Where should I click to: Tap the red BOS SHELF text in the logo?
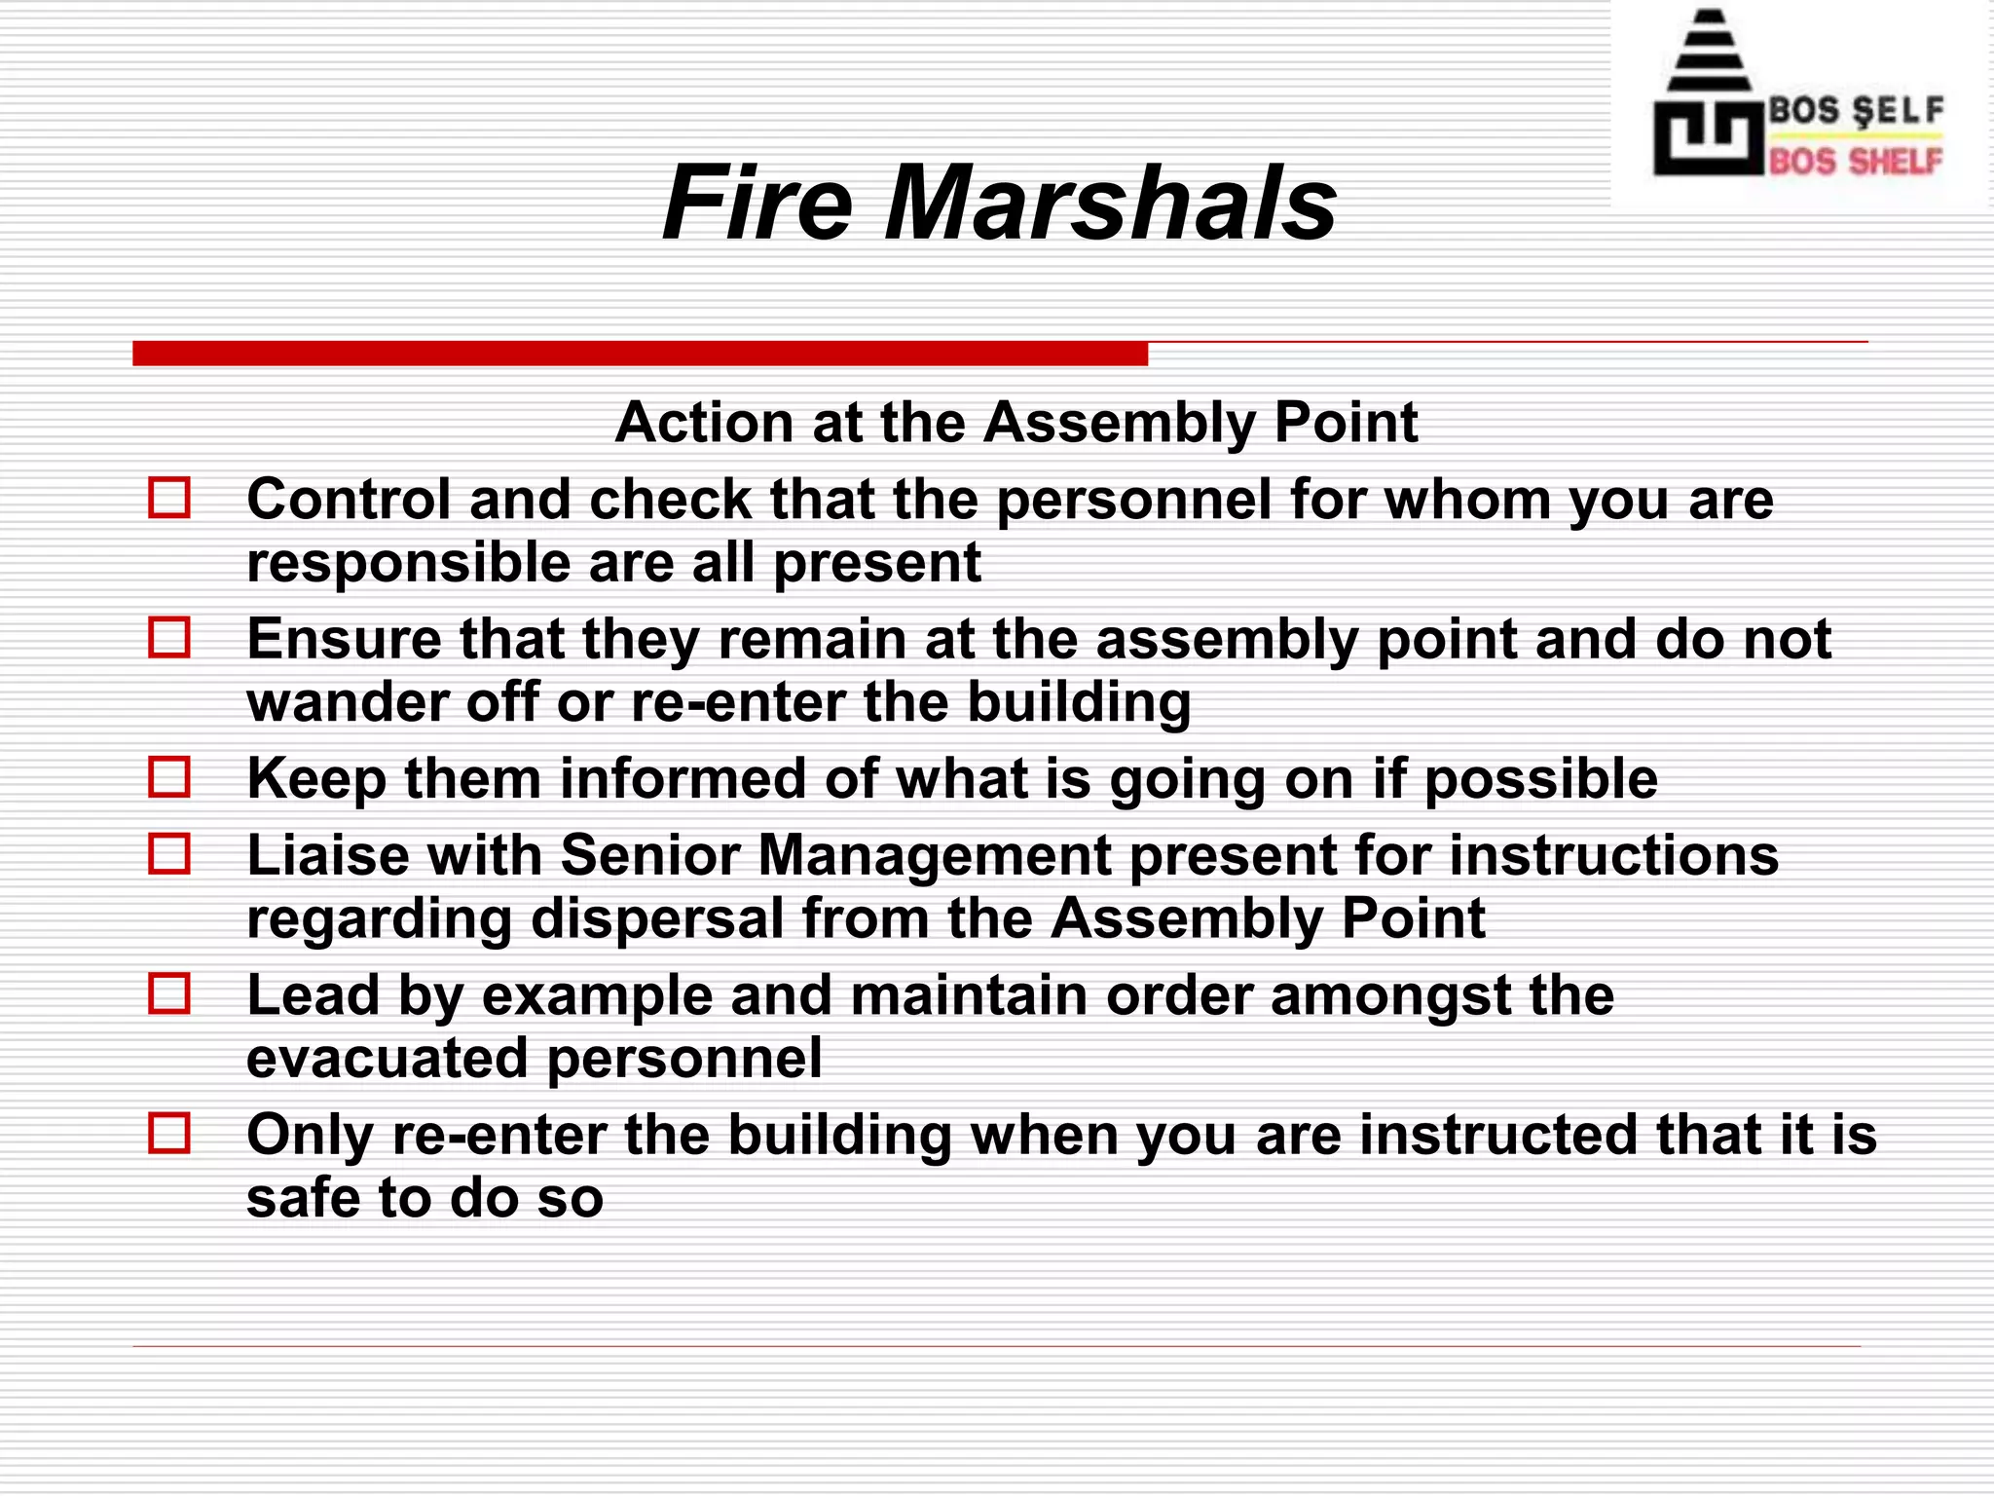pyautogui.click(x=1855, y=161)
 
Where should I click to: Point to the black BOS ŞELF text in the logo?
pyautogui.click(x=1855, y=110)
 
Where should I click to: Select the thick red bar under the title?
pyautogui.click(x=640, y=354)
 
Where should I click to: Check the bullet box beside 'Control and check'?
pyautogui.click(x=169, y=498)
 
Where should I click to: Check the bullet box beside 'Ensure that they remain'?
pyautogui.click(x=169, y=638)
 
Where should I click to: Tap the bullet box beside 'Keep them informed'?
pyautogui.click(x=169, y=777)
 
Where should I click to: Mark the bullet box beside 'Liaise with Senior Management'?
pyautogui.click(x=169, y=854)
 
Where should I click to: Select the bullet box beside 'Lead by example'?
pyautogui.click(x=169, y=994)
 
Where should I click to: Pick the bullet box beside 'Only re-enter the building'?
pyautogui.click(x=169, y=1134)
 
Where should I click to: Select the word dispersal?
pyautogui.click(x=657, y=919)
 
